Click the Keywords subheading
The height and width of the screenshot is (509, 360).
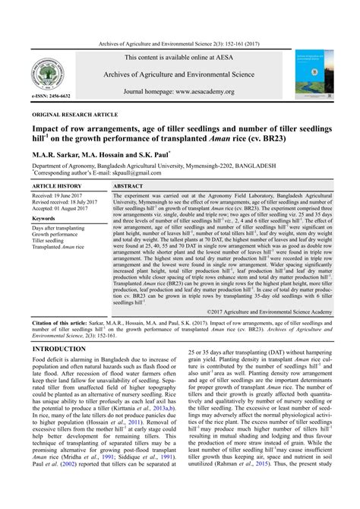[47, 218]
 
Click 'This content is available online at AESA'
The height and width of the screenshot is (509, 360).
[179, 57]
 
